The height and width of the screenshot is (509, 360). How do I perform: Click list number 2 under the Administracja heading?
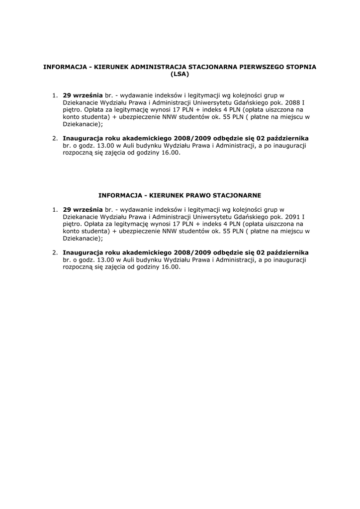click(x=55, y=138)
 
